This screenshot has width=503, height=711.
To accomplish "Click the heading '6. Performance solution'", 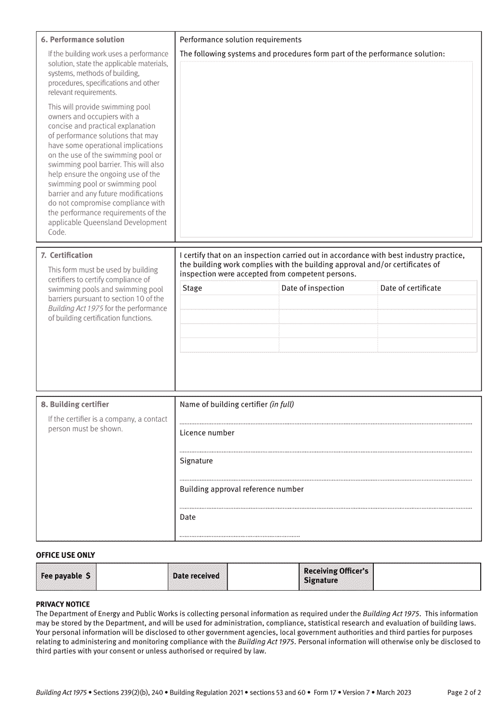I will tap(83, 40).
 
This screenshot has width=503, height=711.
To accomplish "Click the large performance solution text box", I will tap(326, 149).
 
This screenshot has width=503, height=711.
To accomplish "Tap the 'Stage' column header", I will tap(192, 288).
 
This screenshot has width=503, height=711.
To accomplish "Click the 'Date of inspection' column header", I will tap(312, 288).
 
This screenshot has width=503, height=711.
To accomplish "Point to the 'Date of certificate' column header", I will tap(410, 288).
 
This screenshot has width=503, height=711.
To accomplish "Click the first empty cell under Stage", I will tap(229, 303).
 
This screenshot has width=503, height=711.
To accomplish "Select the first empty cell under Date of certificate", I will tap(427, 303).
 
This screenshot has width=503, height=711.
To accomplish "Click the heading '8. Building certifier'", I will tap(75, 405).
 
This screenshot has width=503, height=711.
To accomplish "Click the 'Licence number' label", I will tap(207, 433).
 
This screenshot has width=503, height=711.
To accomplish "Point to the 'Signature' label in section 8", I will tap(196, 461).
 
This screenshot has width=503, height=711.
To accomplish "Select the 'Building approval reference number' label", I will tap(241, 490).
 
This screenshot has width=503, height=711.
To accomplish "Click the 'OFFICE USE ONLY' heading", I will tap(66, 555).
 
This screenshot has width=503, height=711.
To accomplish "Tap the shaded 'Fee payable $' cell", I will tap(66, 576).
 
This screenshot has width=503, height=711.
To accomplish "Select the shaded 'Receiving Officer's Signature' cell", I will tap(336, 576).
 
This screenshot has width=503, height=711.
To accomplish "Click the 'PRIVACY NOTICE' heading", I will tap(63, 605).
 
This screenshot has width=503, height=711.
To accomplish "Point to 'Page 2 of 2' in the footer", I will tap(464, 692).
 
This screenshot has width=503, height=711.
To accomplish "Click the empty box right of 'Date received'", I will tap(263, 576).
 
